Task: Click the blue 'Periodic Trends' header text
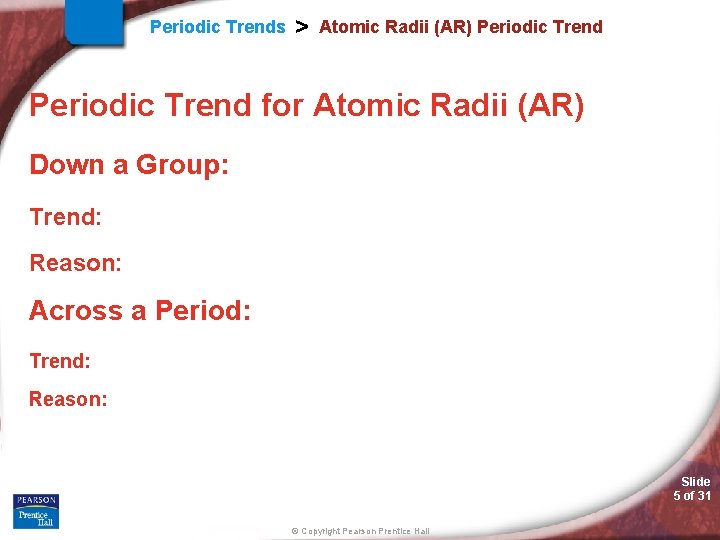pyautogui.click(x=217, y=27)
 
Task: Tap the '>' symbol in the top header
pyautogui.click(x=301, y=27)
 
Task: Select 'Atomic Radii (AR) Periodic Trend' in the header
pyautogui.click(x=460, y=27)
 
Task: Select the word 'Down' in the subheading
pyautogui.click(x=67, y=164)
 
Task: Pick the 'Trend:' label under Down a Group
pyautogui.click(x=66, y=217)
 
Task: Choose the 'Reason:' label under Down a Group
pyautogui.click(x=75, y=263)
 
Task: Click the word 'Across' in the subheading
pyautogui.click(x=74, y=311)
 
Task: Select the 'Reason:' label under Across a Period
pyautogui.click(x=67, y=399)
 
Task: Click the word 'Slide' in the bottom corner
pyautogui.click(x=695, y=482)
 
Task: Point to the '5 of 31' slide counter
pyautogui.click(x=692, y=496)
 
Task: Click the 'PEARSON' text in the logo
pyautogui.click(x=36, y=500)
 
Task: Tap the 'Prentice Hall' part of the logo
pyautogui.click(x=36, y=518)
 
